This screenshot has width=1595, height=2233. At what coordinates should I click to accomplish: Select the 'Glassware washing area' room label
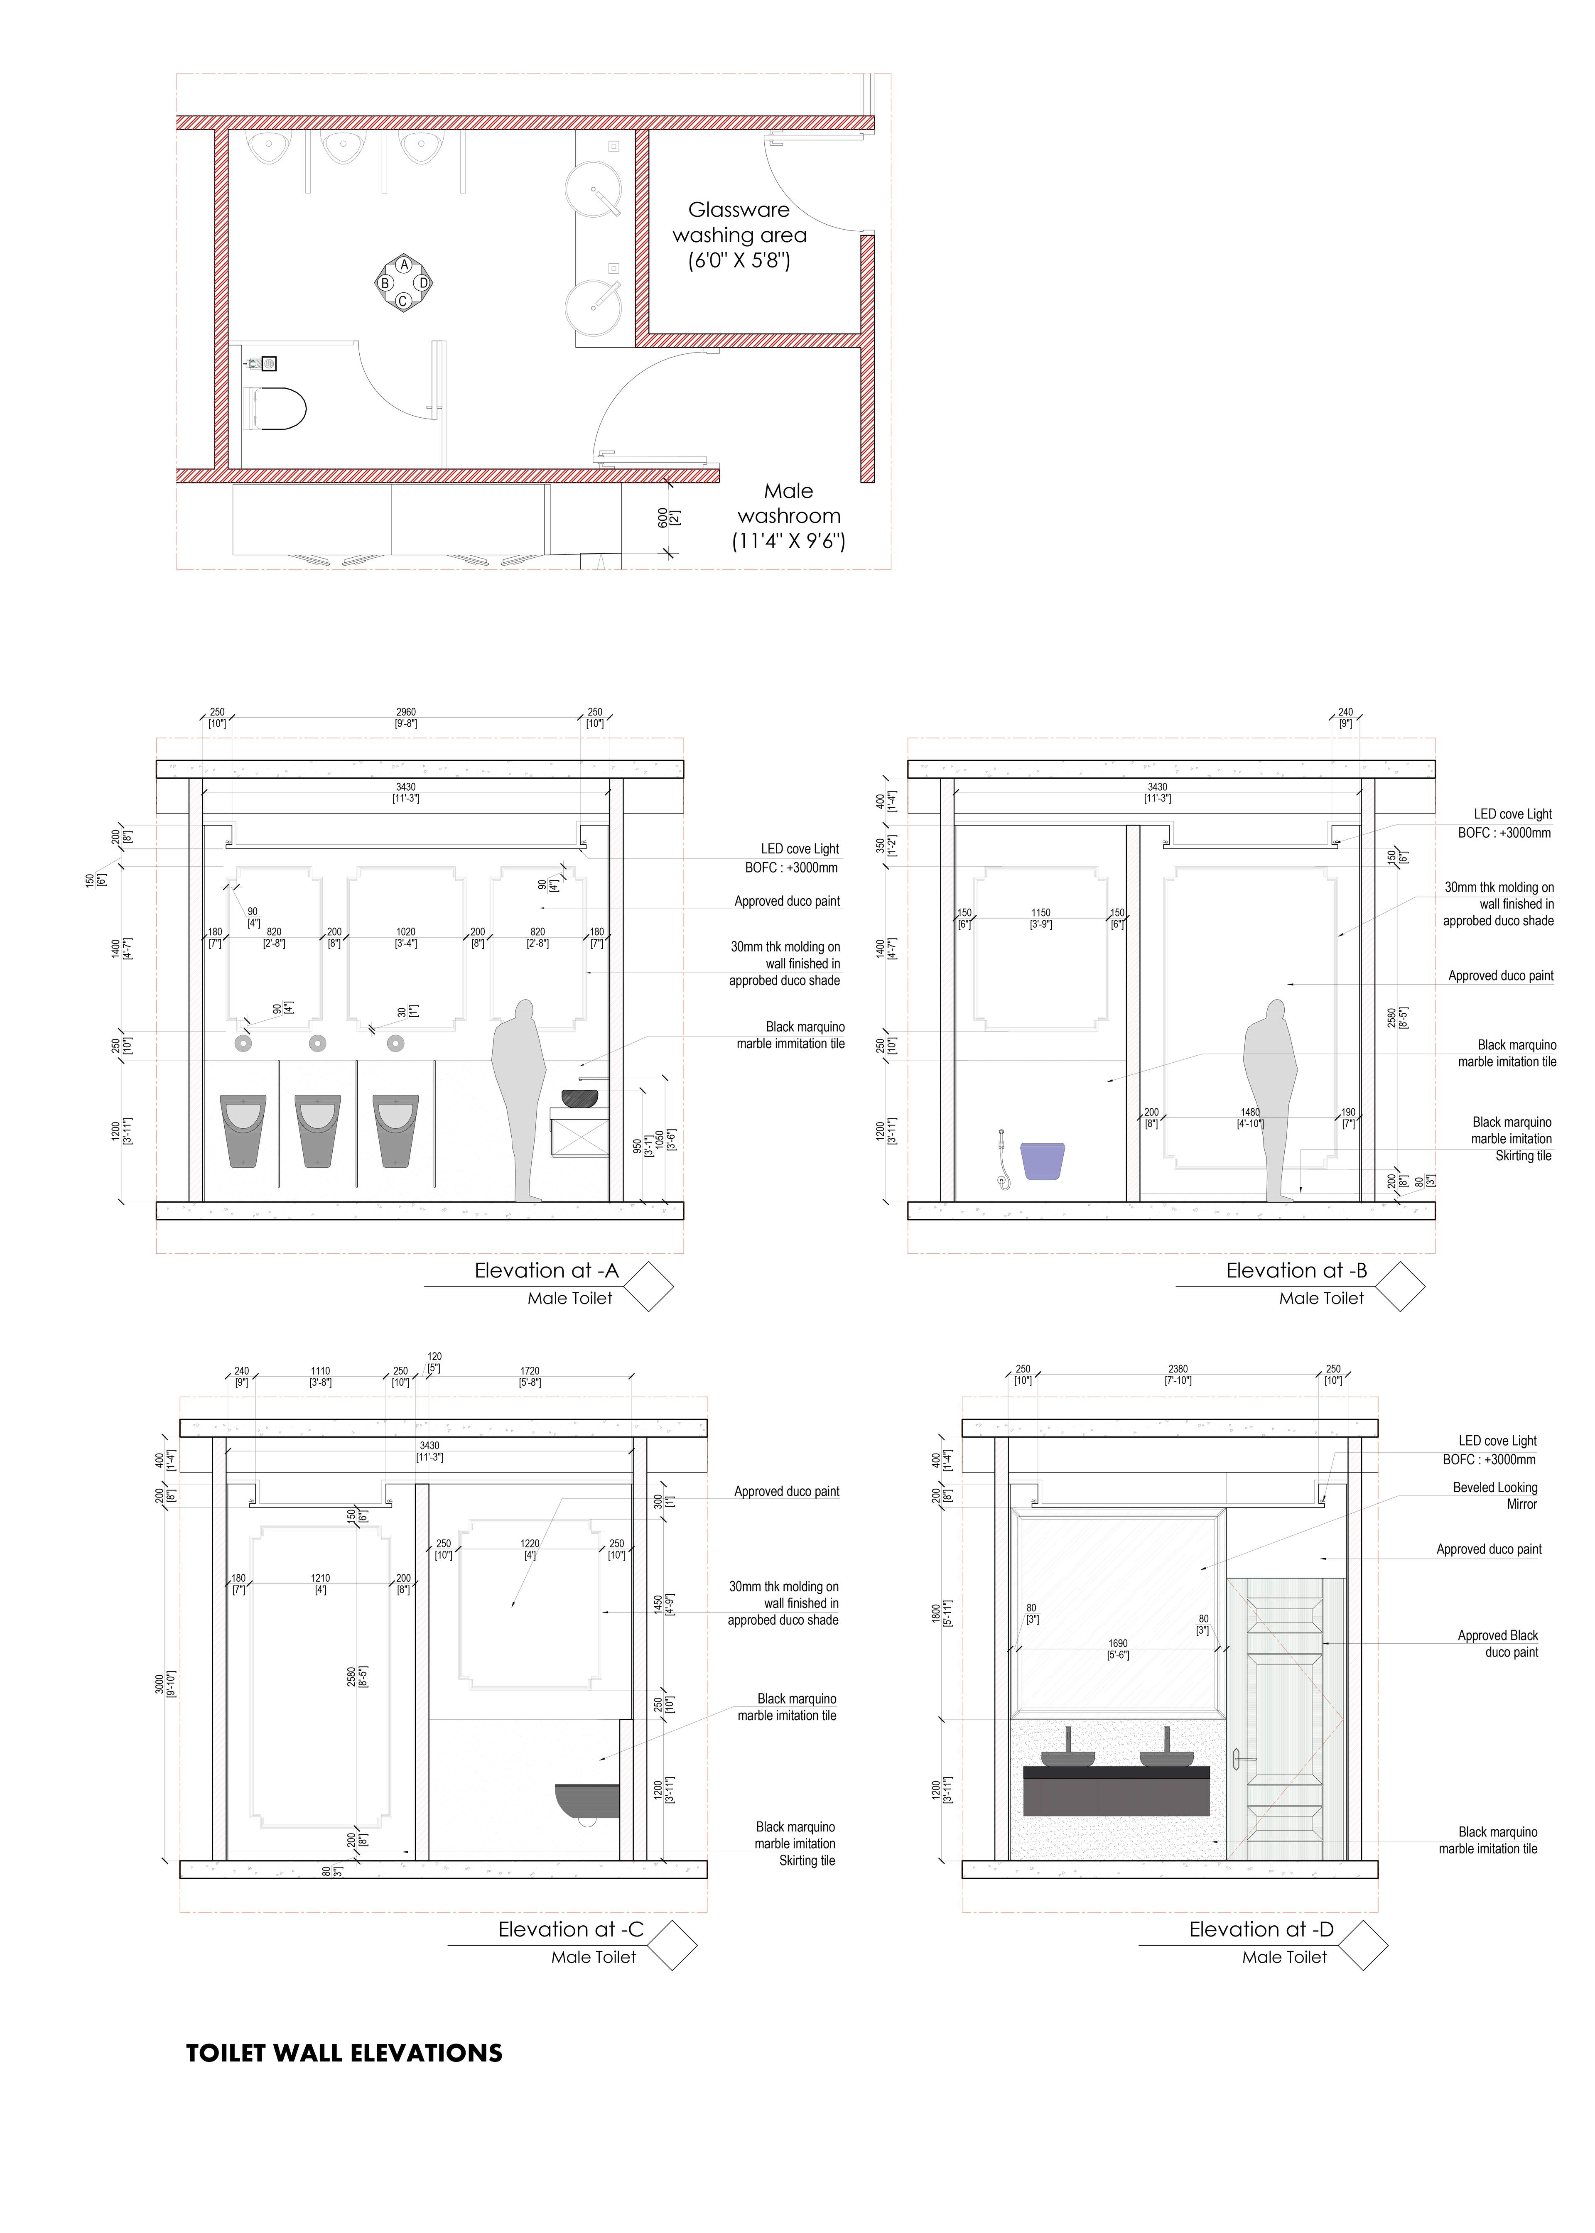[739, 235]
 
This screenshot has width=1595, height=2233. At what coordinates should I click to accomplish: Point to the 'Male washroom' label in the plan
[789, 515]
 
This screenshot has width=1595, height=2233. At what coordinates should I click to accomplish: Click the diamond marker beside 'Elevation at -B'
[1399, 1287]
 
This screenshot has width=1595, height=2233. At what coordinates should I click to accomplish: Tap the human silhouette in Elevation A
[518, 1100]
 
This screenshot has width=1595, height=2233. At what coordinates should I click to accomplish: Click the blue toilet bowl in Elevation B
[1043, 1160]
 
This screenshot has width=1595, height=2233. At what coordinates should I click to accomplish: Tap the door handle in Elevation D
[1237, 1761]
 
